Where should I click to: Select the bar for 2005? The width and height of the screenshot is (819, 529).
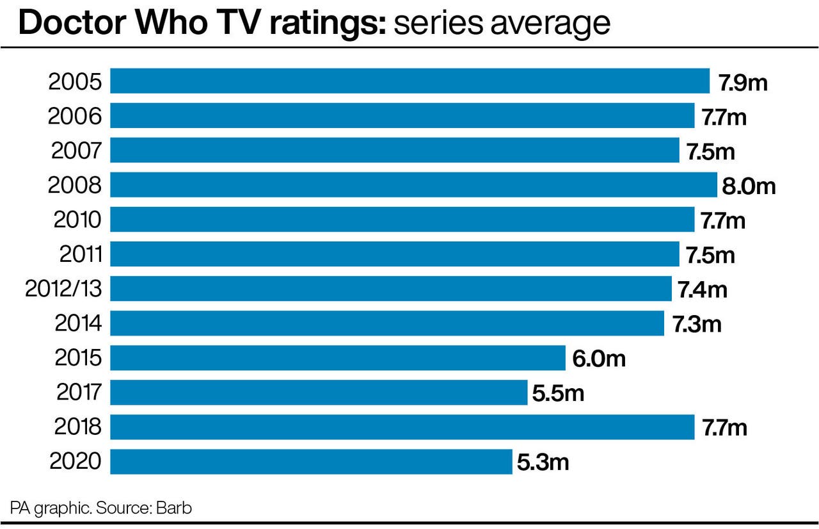click(x=409, y=81)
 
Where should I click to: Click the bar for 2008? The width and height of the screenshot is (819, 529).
click(x=413, y=185)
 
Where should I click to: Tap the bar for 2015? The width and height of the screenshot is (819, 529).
click(x=338, y=358)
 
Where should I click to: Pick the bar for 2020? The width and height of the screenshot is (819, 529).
click(x=311, y=462)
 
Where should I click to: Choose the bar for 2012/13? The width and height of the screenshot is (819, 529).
click(x=391, y=289)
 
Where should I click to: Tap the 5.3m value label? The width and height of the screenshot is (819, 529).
click(x=543, y=462)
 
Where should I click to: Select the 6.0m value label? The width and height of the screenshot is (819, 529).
click(x=599, y=359)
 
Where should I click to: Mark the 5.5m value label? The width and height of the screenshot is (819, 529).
click(x=558, y=393)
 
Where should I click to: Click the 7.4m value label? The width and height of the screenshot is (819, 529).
click(x=703, y=289)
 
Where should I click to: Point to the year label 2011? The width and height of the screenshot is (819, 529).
click(x=81, y=254)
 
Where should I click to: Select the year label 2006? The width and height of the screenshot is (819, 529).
click(x=75, y=116)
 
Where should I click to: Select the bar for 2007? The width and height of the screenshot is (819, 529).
click(x=395, y=151)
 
